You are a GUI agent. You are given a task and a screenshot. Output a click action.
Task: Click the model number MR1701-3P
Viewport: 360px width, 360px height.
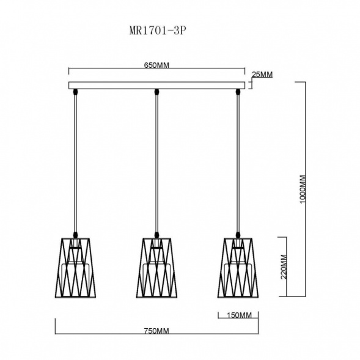tap(157, 31)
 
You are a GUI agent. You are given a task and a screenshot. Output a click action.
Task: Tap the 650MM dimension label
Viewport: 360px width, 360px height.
tap(156, 65)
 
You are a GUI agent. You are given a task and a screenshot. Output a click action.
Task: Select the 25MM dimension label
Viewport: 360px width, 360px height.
tap(262, 75)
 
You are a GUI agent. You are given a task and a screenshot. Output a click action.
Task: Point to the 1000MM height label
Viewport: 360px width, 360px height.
tap(303, 189)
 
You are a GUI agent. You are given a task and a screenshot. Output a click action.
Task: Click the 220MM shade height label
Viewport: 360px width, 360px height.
tap(284, 266)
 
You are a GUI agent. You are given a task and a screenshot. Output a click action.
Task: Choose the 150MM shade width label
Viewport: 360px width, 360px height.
tap(239, 315)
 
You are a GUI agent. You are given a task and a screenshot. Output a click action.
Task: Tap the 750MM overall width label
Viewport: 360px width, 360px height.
tap(156, 331)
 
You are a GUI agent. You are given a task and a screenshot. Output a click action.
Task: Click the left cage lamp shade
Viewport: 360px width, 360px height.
tap(75, 268)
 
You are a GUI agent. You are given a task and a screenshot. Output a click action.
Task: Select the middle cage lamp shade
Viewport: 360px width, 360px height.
tap(156, 268)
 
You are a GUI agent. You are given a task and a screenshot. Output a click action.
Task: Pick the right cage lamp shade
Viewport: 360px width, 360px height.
tap(238, 268)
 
